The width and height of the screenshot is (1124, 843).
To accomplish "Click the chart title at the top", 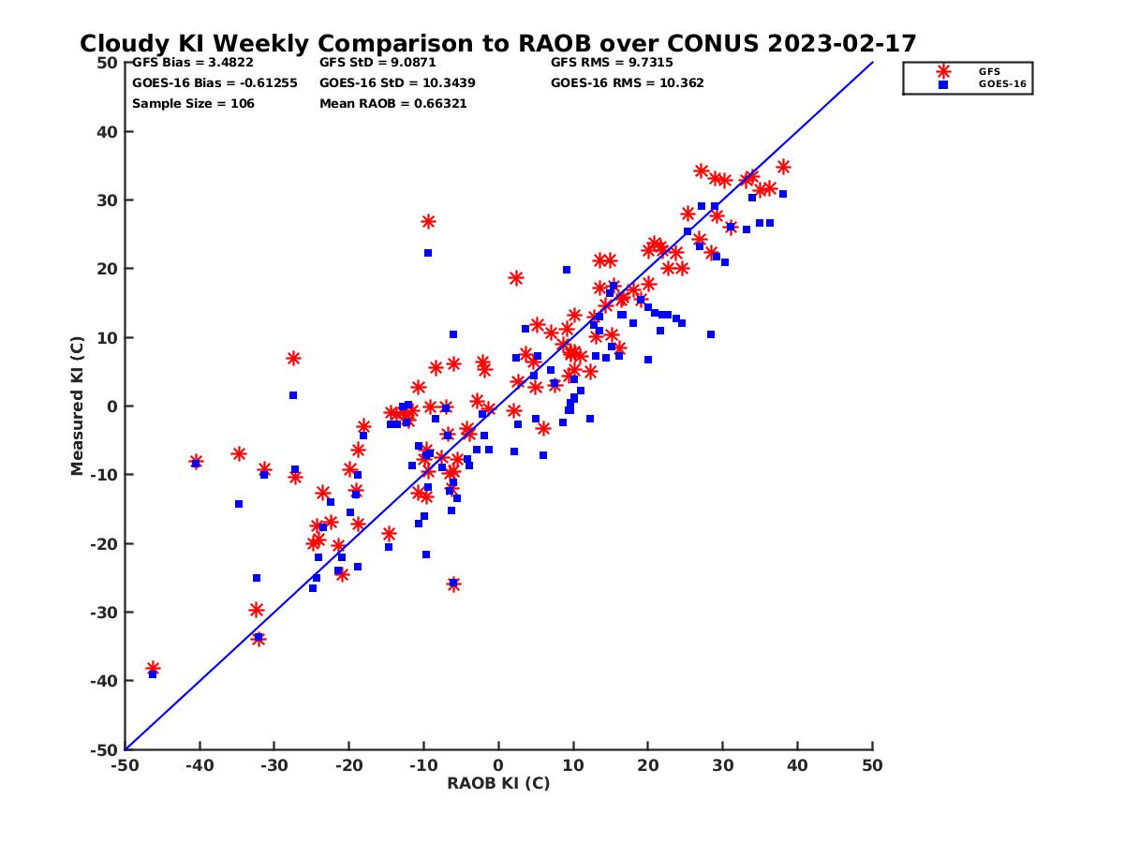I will click(x=497, y=43).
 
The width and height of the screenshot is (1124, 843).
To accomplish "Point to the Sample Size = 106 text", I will click(x=193, y=103).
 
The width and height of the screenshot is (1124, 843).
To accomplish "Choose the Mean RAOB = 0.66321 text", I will click(x=392, y=103).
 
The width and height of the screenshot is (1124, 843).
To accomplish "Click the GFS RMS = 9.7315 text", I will click(x=611, y=63).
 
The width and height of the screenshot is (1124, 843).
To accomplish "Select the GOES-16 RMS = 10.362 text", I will click(x=627, y=82).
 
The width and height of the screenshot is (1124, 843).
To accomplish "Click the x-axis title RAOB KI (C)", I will click(x=497, y=783).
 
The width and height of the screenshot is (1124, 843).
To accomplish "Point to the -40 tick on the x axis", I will click(x=199, y=765).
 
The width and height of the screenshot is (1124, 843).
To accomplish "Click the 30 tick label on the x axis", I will click(x=722, y=765).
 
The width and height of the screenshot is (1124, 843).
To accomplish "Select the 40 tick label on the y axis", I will click(x=109, y=131).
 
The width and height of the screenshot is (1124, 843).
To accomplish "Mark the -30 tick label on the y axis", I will click(x=105, y=613).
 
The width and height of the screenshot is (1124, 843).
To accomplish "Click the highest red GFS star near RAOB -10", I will click(x=428, y=222).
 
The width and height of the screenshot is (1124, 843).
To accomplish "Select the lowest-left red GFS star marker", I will click(x=153, y=669).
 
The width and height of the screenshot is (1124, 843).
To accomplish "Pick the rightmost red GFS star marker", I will click(x=783, y=167).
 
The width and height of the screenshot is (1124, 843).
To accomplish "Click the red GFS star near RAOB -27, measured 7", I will click(x=293, y=358).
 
